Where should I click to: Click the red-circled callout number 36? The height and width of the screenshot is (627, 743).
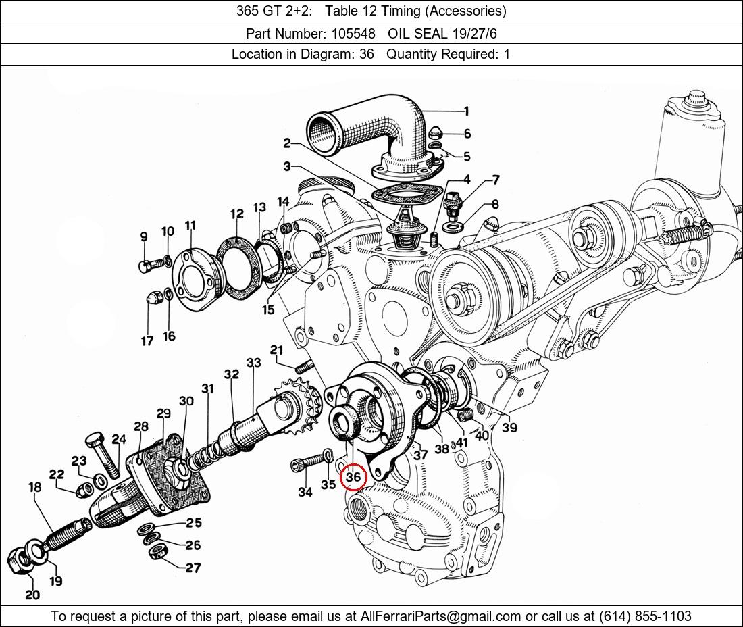tap(353, 477)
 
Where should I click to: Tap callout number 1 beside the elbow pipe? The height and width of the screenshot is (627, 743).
tap(466, 111)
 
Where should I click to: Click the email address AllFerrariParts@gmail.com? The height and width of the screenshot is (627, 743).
tap(440, 616)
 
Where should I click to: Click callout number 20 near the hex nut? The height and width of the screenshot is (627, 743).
tap(32, 595)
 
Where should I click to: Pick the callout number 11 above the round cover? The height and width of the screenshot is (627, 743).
tap(190, 226)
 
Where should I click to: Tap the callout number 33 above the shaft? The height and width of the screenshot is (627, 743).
tap(253, 363)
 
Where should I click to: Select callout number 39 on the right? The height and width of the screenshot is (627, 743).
tap(509, 428)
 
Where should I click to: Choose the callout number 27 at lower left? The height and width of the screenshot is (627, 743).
tap(193, 568)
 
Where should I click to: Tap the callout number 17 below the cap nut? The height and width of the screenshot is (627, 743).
tap(147, 342)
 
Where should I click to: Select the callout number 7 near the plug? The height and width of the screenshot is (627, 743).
tap(496, 180)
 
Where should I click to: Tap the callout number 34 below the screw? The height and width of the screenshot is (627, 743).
tap(305, 493)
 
